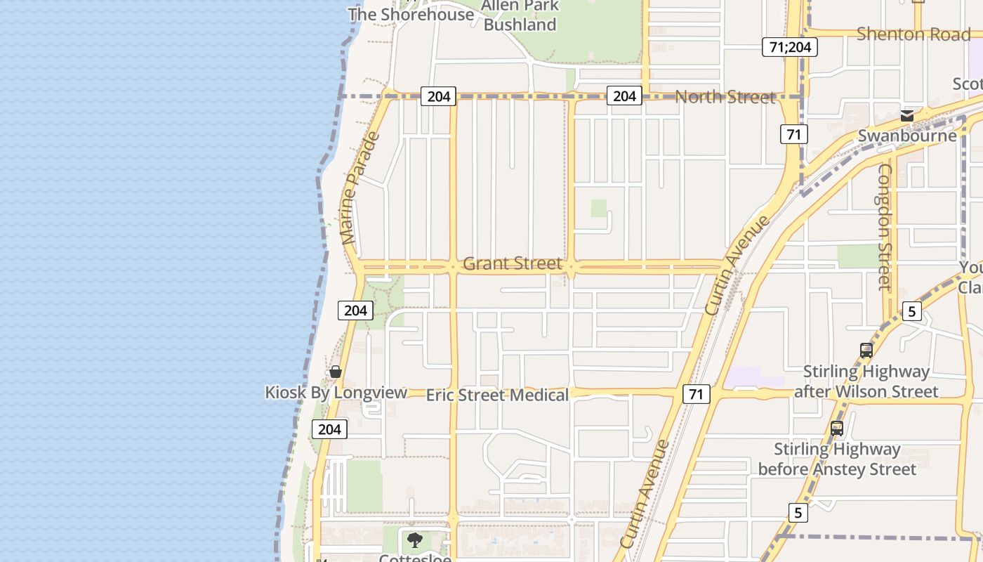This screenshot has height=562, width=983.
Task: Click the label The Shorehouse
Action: point(411,14)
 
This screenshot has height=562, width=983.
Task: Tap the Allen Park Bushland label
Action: point(520,15)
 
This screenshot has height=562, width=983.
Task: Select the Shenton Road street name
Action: point(913,34)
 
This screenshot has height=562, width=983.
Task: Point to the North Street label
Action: point(725,97)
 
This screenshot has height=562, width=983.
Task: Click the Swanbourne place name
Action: point(907,136)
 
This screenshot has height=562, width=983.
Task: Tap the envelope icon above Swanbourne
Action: point(907,116)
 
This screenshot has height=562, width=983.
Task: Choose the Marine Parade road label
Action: point(360,188)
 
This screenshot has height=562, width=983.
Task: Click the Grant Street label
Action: point(513,264)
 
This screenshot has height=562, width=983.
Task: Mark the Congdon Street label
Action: point(884,227)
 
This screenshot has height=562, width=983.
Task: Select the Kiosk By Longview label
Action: point(336,392)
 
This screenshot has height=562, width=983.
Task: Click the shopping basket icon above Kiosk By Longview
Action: point(336,372)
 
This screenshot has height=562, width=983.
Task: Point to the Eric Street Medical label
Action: point(497,395)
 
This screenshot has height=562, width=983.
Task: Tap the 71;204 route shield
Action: point(789,47)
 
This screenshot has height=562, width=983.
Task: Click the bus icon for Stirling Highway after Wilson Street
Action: point(866,351)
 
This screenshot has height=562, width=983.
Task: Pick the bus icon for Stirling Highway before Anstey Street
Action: point(837,429)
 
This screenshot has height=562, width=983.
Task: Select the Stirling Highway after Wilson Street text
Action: point(866,381)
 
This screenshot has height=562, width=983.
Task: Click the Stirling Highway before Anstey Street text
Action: point(837,459)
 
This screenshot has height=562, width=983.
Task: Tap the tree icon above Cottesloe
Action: point(415,540)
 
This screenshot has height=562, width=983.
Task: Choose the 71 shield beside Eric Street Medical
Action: point(696,394)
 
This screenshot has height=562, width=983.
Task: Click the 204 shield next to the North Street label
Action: point(624,96)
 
